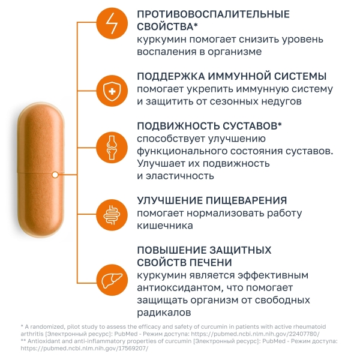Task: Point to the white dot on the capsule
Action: [x=55, y=175]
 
